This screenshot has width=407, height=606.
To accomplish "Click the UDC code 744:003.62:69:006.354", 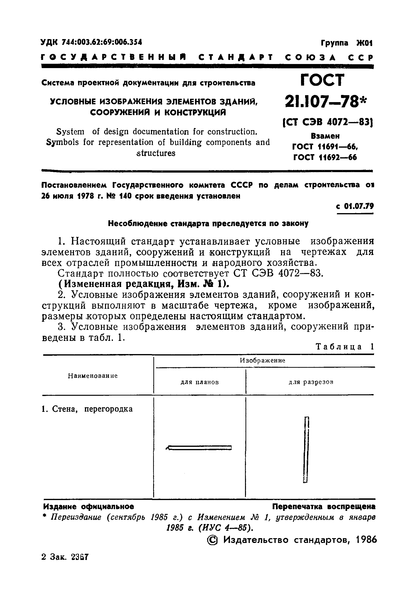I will point(102,42).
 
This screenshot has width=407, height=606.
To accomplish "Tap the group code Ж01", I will point(364,43).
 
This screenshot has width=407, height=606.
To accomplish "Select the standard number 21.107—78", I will point(322,102).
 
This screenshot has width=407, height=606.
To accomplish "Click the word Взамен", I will point(325,136).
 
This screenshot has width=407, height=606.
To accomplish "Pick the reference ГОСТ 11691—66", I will point(325,147).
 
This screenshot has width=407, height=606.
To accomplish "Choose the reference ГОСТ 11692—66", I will point(325,157).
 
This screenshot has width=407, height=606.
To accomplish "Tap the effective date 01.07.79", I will point(359,206).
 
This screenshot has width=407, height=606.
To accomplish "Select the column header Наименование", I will point(93,376).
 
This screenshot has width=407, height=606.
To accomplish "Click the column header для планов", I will point(200,382).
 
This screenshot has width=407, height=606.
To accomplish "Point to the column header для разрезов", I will point(311,382).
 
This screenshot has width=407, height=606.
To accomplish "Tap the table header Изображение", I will point(262,360).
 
